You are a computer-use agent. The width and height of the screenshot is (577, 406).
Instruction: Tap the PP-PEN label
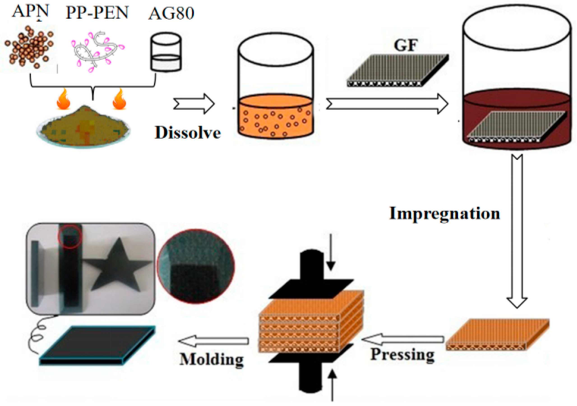coord(97,13)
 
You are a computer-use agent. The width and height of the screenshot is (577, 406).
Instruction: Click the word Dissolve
coord(187,133)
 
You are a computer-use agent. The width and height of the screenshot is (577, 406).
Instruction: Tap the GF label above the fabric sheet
coord(406,46)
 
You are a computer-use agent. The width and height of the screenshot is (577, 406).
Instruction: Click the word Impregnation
coord(444,214)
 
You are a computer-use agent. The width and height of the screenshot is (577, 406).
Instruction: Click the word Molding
coord(211,360)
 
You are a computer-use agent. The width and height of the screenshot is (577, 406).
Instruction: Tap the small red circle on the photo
coord(70,236)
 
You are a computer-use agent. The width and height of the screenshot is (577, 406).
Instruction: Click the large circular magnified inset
coord(196,266)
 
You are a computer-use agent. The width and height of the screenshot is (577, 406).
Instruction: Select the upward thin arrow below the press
coord(332,385)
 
